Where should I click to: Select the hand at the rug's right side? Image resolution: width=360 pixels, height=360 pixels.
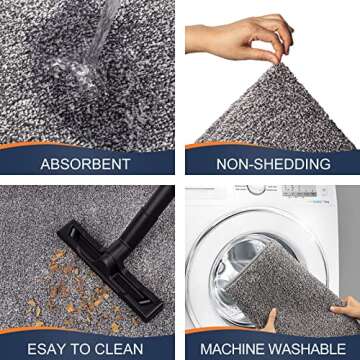pyautogui.click(x=345, y=300)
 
